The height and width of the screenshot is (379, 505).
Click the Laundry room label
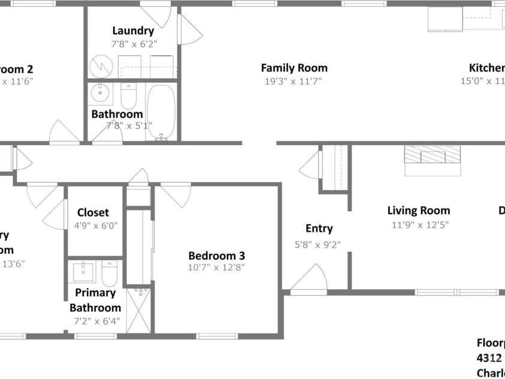pos(133,31)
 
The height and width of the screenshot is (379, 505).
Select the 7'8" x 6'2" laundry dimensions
pos(132,44)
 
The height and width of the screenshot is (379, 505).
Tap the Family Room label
pos(294,68)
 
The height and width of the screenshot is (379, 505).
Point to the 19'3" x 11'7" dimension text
pos(292,82)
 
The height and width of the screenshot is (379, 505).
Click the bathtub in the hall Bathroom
pos(161,112)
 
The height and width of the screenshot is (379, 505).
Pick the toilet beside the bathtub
pos(129,95)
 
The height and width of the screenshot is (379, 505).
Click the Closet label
pos(93,212)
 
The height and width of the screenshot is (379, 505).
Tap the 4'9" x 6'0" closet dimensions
pos(96,226)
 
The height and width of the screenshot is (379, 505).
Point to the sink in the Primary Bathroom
pos(83,272)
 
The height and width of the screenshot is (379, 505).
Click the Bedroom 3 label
pos(216,255)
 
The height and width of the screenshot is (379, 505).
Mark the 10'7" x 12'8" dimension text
pos(216,267)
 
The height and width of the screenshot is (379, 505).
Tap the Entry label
pos(319,228)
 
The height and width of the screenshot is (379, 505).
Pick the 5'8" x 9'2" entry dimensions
pos(318,243)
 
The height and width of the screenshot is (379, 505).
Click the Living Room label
pos(419,210)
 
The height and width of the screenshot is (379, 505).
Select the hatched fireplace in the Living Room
pos(433,155)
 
